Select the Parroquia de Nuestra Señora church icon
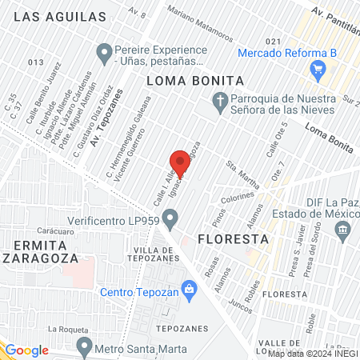pos(219,101)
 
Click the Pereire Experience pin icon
pos(103,54)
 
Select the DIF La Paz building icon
pos(343,230)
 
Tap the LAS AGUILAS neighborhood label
pos(60,16)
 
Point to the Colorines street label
pos(238,195)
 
